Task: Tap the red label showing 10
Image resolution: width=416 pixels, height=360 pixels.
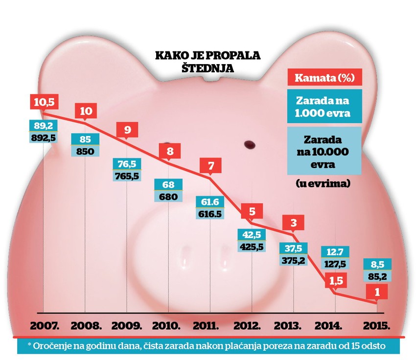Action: pos(86,111)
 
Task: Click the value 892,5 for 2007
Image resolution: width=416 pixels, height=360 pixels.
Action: pos(44,138)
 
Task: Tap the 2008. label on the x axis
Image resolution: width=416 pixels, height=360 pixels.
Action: pos(86,326)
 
